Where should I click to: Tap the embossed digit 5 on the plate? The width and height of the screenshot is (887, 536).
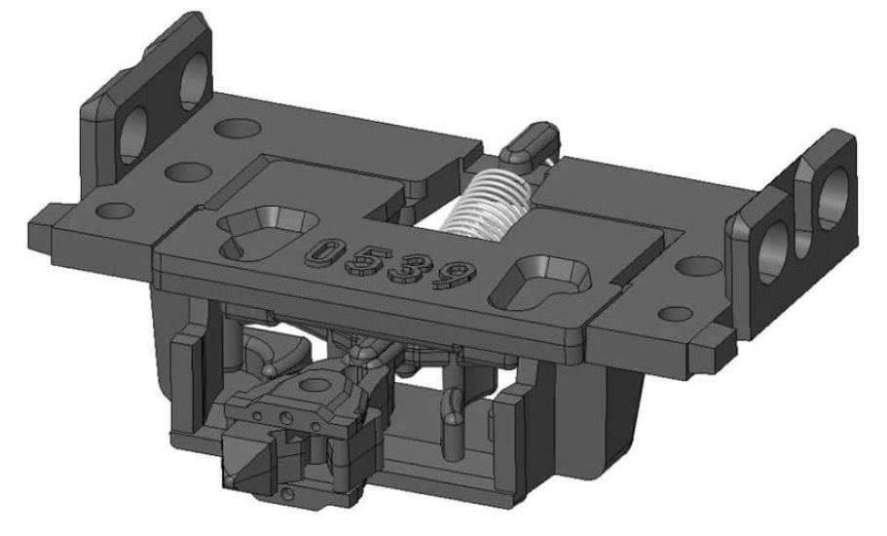(366, 259)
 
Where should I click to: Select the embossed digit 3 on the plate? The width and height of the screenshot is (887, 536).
(410, 266)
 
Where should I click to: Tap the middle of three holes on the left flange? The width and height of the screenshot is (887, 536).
(178, 172)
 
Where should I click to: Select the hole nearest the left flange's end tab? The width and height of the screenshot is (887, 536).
(114, 209)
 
